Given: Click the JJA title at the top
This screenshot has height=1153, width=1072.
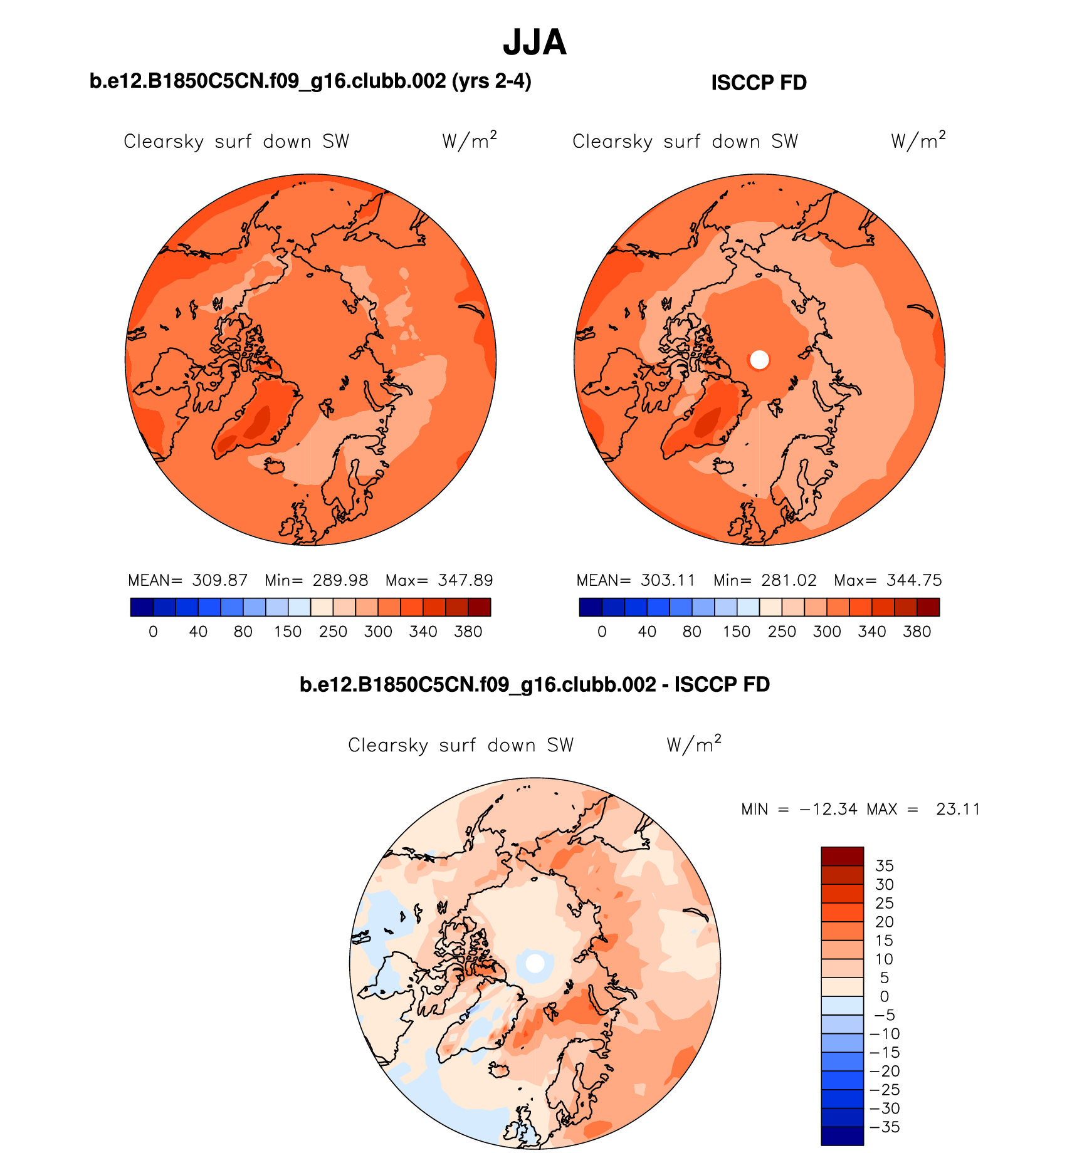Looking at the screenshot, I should click(x=534, y=43).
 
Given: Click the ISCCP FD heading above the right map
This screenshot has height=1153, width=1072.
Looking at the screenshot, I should click(x=759, y=83).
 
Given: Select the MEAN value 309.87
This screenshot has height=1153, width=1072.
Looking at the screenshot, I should click(x=219, y=580).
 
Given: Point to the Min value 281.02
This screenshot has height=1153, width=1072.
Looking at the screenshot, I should click(x=789, y=580).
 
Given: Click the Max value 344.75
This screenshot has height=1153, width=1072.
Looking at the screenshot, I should click(x=914, y=580).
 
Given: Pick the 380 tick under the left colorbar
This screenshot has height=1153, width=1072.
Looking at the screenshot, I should click(x=468, y=632).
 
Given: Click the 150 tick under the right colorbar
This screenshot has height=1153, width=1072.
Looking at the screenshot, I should click(x=737, y=632).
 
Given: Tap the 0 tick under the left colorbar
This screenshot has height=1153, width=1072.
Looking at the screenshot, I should click(x=153, y=632).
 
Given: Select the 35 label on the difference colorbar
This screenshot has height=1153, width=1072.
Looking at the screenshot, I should click(x=884, y=866).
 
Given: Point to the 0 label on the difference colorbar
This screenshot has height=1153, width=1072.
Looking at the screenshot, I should click(x=884, y=996).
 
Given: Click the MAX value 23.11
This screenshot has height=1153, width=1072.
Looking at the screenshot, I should click(x=958, y=809).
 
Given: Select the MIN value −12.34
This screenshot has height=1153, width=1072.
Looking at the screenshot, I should click(x=828, y=809).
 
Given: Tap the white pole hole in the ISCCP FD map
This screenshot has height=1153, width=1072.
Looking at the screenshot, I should click(x=759, y=360).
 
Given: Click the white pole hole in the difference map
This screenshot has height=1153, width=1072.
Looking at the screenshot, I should click(x=535, y=963).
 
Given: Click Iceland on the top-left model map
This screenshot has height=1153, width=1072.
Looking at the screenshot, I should click(x=275, y=466).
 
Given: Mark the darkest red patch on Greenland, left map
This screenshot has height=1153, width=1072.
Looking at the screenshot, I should click(x=258, y=423).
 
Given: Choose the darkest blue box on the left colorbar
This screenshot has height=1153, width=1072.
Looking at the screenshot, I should click(x=142, y=607).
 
